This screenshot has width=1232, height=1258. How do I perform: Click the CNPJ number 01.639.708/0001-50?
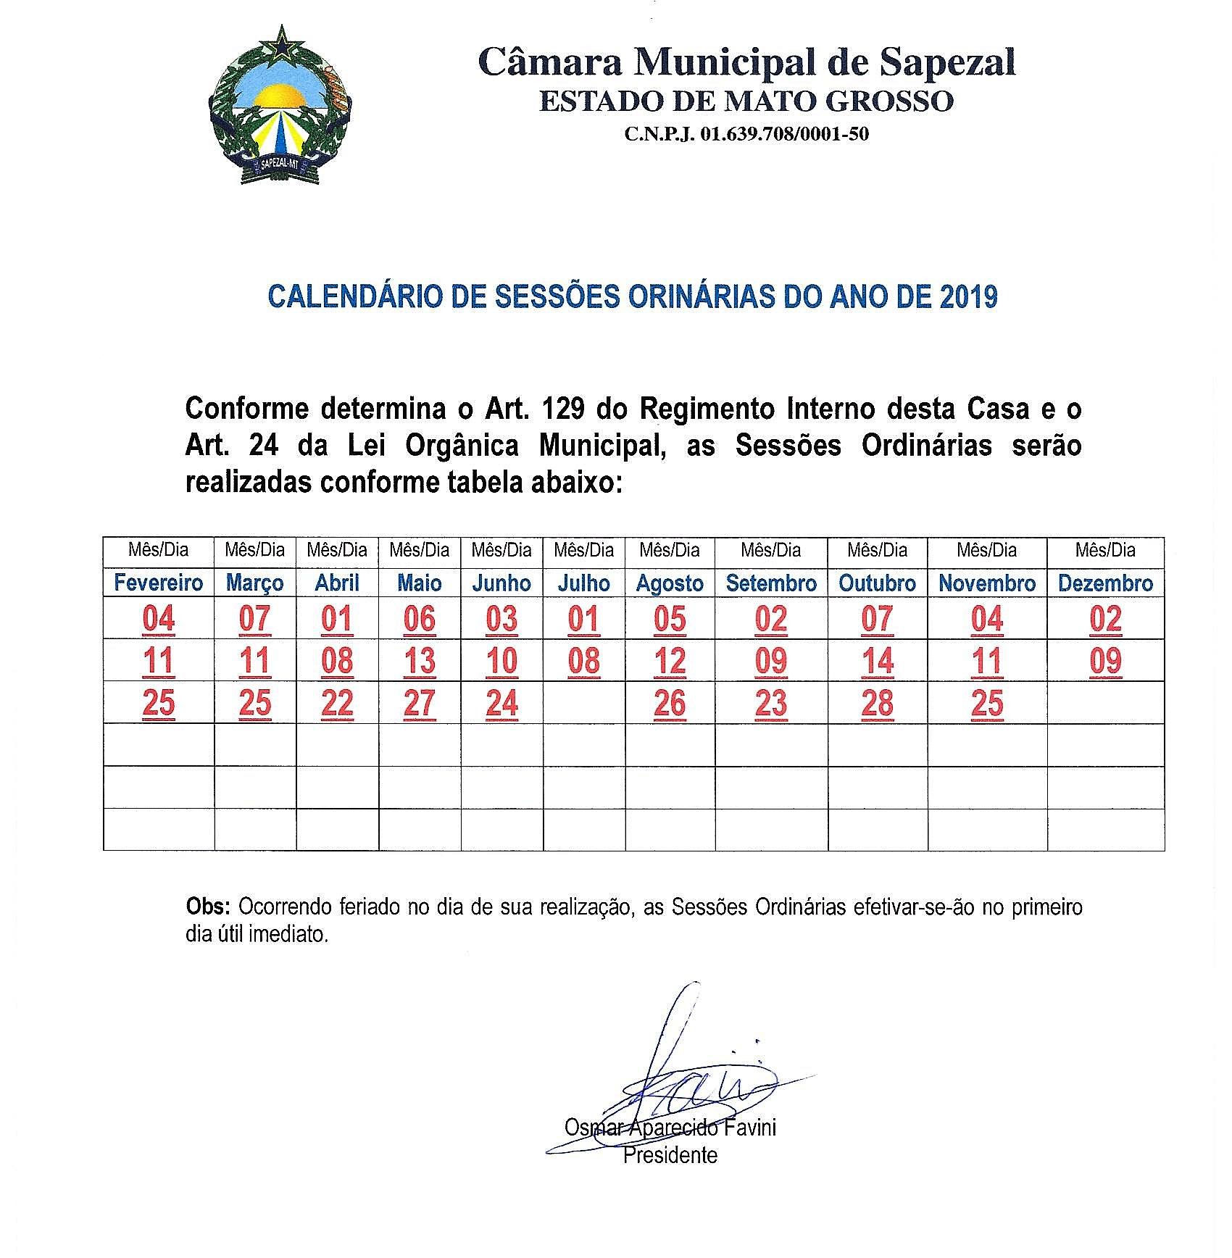coord(746,134)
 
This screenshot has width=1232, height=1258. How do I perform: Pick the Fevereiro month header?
coord(159,583)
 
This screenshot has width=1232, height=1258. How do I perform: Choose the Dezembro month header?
coord(1105,583)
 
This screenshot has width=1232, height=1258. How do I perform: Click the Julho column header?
coord(584,583)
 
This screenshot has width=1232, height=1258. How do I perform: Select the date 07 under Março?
coord(255,620)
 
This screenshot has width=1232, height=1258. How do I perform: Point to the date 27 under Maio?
coord(420,704)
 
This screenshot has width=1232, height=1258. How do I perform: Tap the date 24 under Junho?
coord(502,704)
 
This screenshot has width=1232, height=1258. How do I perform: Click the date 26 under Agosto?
coord(670,704)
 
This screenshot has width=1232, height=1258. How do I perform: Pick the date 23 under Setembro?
coord(771,704)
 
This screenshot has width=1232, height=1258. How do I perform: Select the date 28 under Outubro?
coord(878,704)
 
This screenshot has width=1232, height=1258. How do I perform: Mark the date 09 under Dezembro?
coord(1105,662)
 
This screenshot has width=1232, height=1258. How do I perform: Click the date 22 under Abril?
coord(337,704)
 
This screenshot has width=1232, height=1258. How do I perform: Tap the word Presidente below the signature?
coord(670,1155)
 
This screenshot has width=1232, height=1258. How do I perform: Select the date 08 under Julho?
coord(584,662)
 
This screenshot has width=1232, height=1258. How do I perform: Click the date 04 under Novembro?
coord(987,620)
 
